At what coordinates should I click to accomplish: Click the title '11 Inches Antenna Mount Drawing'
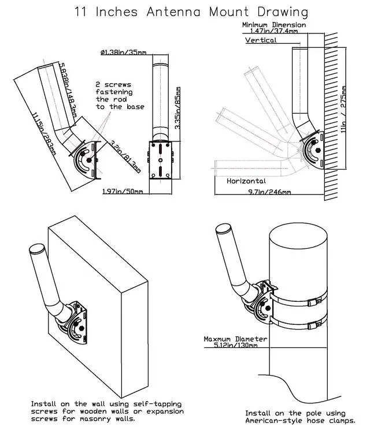[191, 12]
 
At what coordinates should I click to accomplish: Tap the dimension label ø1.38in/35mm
[123, 52]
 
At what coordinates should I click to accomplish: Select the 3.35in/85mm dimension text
[177, 108]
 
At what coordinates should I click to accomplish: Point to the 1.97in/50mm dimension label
[123, 191]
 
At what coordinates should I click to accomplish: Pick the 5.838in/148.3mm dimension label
[68, 90]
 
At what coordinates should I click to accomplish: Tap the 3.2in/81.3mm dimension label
[125, 156]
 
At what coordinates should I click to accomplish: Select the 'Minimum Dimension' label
[274, 25]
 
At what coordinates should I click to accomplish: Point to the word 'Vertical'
[261, 40]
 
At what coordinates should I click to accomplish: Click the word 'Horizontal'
[246, 181]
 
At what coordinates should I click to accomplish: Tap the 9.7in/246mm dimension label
[269, 192]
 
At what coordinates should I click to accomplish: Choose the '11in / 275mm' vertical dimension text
[343, 109]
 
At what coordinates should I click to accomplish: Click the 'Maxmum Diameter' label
[235, 339]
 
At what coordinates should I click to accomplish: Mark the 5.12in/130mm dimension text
[235, 345]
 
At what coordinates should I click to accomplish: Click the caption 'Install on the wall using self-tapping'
[106, 404]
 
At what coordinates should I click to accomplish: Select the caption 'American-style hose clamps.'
[301, 421]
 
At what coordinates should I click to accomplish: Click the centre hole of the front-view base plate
[161, 160]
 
